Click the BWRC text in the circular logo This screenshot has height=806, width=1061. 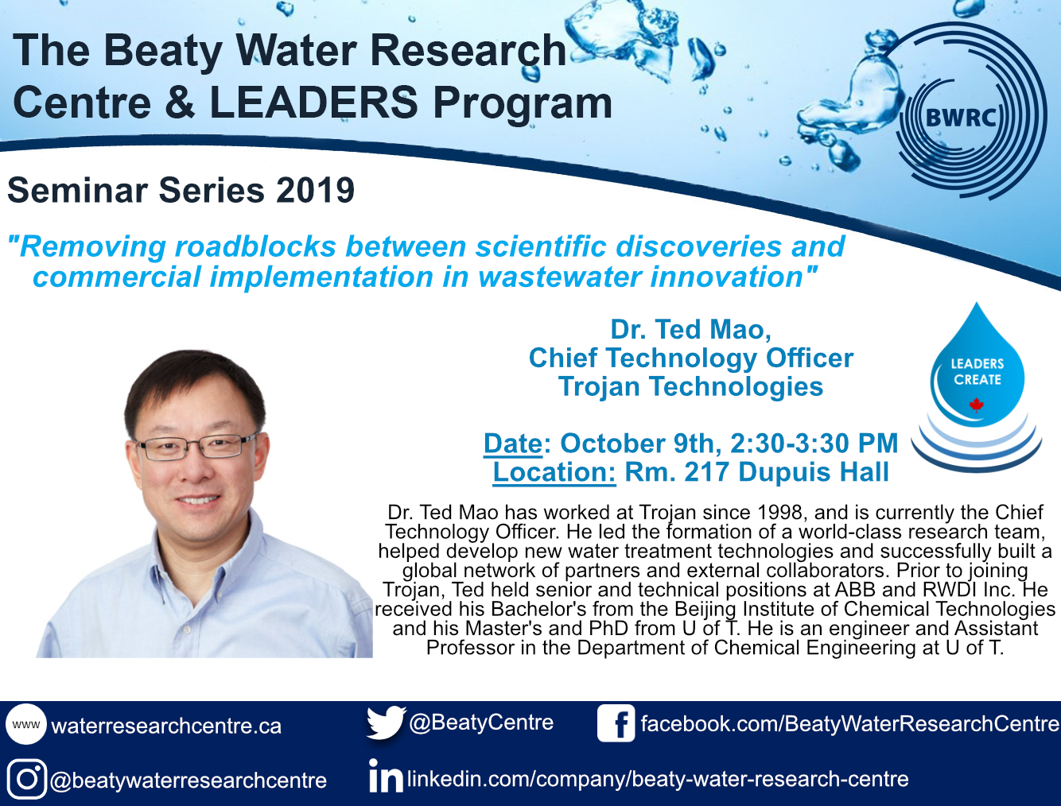[961, 117]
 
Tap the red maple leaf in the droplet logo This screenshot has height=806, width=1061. [977, 405]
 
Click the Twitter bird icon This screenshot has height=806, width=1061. [385, 723]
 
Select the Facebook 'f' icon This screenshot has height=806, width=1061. [616, 723]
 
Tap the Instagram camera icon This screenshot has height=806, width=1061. [26, 778]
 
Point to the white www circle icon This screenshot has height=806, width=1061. [26, 724]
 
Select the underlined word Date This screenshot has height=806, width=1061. [513, 444]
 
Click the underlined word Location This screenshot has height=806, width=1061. [554, 472]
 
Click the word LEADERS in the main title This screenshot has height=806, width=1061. [313, 103]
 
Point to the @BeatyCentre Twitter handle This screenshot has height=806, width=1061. [481, 723]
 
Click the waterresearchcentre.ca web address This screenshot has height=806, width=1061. [165, 726]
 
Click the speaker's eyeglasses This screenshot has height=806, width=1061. [197, 446]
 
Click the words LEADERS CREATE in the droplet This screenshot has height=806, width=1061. [977, 371]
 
